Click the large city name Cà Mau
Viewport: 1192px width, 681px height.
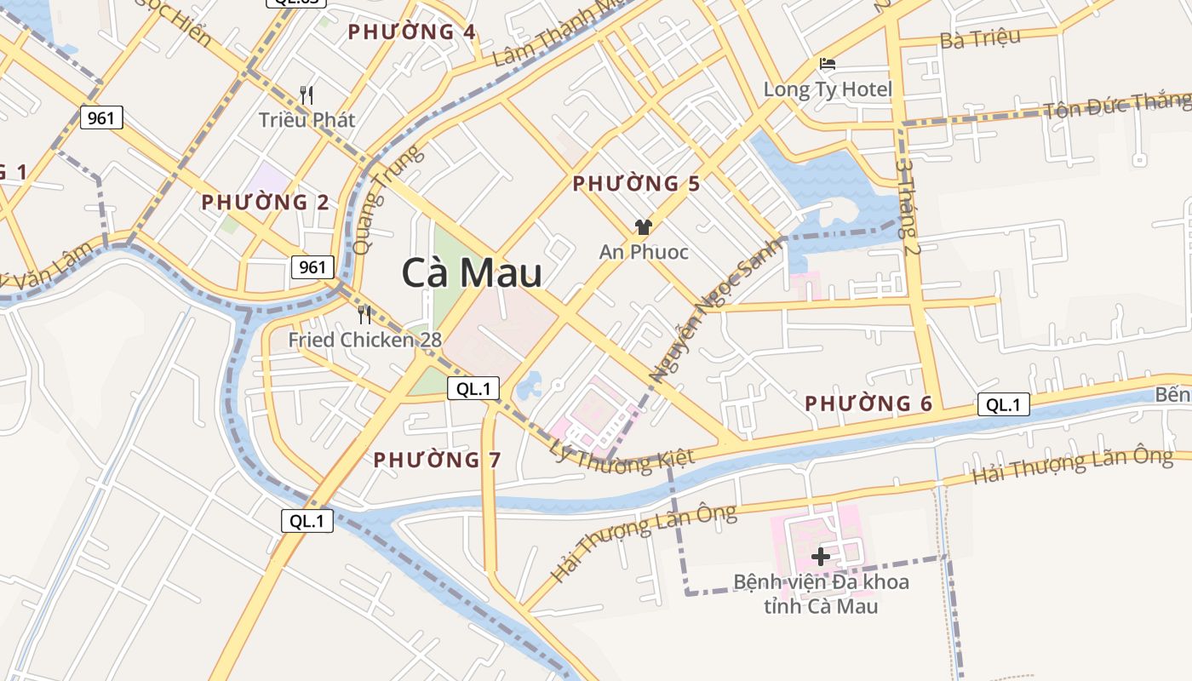(x=472, y=274)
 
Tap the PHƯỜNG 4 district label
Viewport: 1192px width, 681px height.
(x=412, y=32)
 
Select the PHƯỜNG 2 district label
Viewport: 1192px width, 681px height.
(x=265, y=203)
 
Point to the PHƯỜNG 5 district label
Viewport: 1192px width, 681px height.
(x=636, y=184)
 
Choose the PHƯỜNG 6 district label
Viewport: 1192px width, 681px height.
(x=869, y=403)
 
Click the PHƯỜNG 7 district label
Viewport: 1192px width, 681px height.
(x=438, y=460)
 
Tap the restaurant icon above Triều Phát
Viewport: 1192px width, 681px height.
(x=307, y=94)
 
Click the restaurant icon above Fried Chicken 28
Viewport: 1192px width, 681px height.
(x=364, y=314)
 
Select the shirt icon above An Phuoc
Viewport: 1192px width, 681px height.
(x=643, y=226)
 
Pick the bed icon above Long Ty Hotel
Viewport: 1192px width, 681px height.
(x=827, y=64)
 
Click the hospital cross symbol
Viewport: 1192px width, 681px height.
(x=821, y=557)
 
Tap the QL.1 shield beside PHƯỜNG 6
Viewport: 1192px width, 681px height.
(x=1003, y=404)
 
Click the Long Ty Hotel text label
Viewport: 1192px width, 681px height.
(x=828, y=89)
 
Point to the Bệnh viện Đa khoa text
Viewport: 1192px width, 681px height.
(x=822, y=582)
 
